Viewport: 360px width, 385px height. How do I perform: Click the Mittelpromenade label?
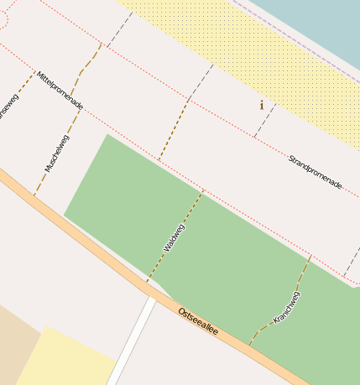(59, 91)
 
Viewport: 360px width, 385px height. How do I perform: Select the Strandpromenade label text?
(315, 171)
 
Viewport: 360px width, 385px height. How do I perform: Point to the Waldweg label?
(174, 237)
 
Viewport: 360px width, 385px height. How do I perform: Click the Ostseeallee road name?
(198, 321)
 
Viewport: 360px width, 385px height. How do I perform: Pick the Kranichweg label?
(287, 308)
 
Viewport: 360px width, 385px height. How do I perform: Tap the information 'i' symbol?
(262, 105)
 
